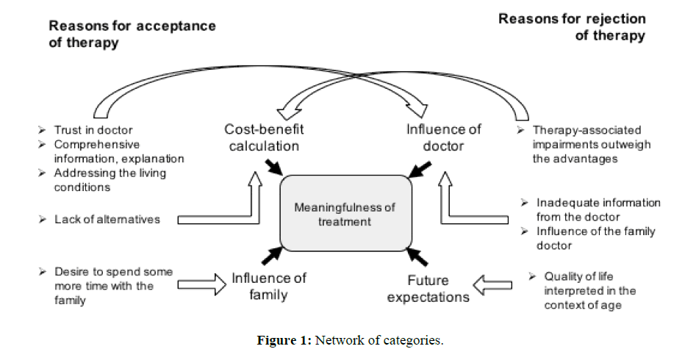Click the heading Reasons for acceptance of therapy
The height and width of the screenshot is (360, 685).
[132, 33]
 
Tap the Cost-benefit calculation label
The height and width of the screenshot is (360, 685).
[264, 137]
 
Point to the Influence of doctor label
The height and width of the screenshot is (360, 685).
[444, 137]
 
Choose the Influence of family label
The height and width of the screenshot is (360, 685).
[269, 287]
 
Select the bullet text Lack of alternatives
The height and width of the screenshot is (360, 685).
[107, 219]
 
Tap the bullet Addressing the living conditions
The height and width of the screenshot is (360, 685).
[110, 180]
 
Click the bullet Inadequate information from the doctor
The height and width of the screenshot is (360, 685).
[598, 209]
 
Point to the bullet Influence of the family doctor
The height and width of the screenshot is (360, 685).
[595, 239]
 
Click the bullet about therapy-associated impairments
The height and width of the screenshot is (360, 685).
[591, 144]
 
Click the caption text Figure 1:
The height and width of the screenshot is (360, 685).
[285, 342]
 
